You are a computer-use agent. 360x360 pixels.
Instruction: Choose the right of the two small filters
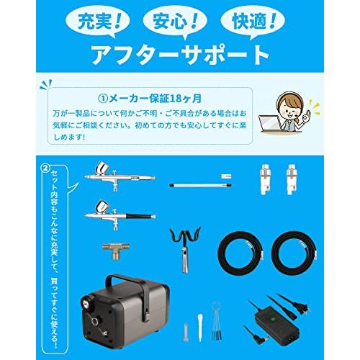[x=292, y=176]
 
